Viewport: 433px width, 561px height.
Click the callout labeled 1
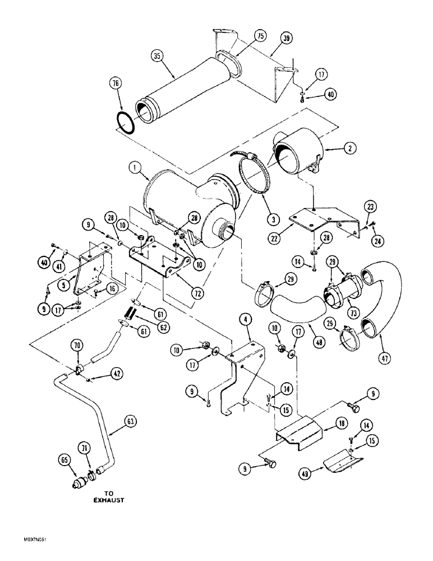point(133,167)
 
